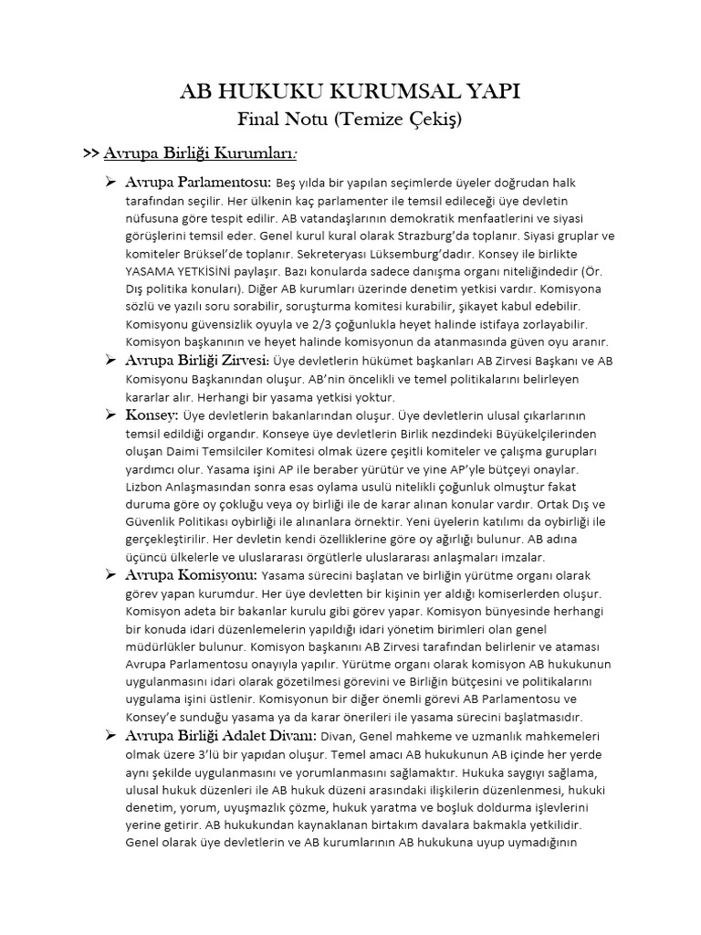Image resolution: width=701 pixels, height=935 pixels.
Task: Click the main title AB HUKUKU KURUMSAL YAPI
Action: click(x=350, y=92)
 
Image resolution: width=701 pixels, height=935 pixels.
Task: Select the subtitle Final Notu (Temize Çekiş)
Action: click(x=350, y=120)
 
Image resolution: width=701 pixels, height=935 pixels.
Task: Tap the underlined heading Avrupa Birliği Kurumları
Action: click(x=202, y=152)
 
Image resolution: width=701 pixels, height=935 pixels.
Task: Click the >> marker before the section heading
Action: click(x=90, y=152)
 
